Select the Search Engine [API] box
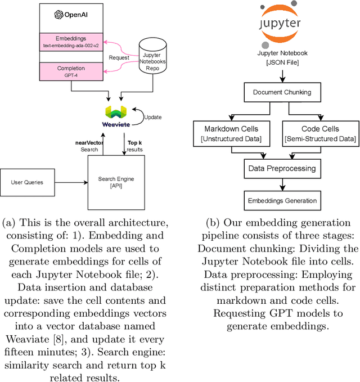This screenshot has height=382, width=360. (116, 182)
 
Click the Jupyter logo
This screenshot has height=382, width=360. (280, 25)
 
